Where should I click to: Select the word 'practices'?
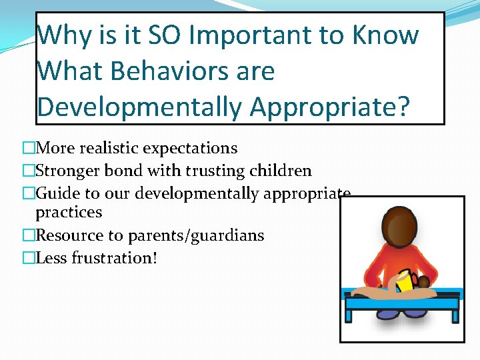click(69, 212)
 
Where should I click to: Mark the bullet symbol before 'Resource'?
click(28, 235)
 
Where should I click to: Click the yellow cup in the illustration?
click(404, 282)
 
